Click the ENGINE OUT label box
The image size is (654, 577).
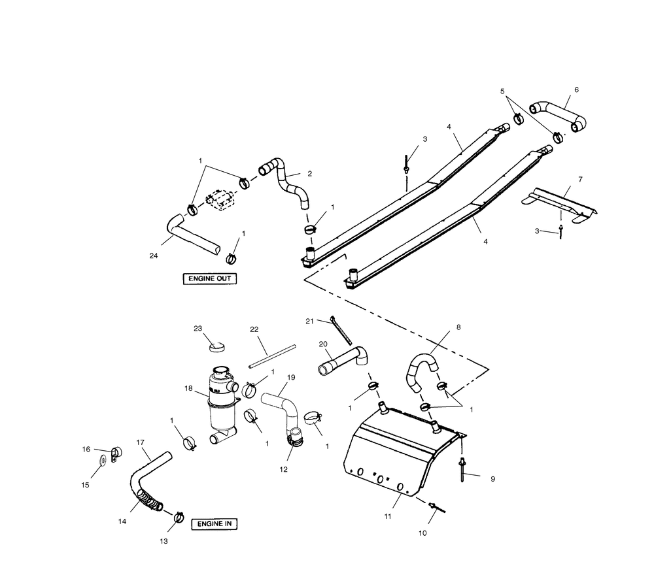pos(210,279)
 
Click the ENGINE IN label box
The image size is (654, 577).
pos(215,524)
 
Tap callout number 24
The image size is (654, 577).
pos(154,256)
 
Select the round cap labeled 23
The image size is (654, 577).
pos(216,346)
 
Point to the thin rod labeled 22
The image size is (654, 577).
pos(272,356)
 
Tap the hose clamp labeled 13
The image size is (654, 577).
pos(179,517)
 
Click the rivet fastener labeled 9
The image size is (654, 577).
pos(462,470)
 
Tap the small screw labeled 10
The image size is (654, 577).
pos(437,508)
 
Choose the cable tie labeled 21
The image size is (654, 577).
pos(341,331)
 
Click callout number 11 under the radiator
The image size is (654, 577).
pos(388,516)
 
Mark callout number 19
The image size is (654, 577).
pos(291,378)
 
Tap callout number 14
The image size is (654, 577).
pos(122,521)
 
